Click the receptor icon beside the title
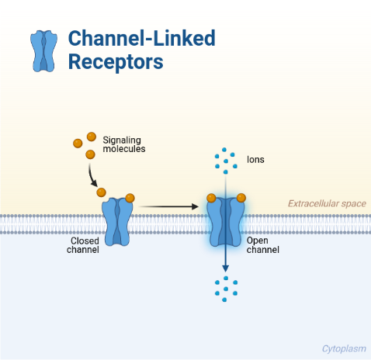43,51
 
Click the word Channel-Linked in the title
141,38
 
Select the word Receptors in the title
116,63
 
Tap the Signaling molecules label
124,144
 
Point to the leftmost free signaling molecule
77,143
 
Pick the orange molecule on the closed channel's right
130,198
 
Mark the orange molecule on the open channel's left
211,198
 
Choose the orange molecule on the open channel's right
241,198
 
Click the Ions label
255,160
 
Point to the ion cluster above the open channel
226,161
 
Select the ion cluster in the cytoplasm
226,287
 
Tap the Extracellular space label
326,204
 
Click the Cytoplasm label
343,348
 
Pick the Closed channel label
85,245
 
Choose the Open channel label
262,245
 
